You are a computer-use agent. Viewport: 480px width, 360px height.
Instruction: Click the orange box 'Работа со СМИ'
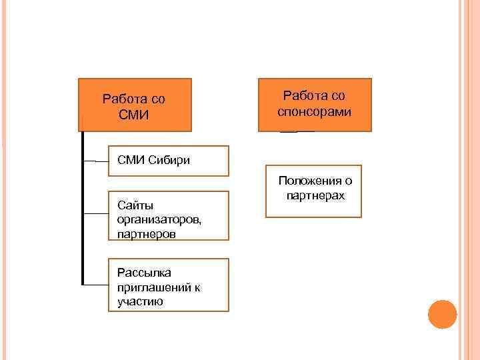[135, 105]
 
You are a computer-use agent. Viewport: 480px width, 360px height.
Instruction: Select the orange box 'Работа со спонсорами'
[315, 105]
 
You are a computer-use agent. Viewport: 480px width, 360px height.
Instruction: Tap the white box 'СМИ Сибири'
[168, 161]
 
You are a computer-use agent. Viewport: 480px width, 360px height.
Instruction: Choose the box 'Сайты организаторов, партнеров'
[168, 215]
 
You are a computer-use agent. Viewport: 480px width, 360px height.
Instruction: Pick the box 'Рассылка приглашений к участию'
[168, 285]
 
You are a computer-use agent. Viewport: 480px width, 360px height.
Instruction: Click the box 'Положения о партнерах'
[313, 191]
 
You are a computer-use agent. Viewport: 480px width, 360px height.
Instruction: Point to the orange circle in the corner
[442, 315]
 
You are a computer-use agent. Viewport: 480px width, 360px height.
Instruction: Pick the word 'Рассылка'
[144, 273]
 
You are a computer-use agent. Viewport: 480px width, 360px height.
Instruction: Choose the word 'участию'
[140, 301]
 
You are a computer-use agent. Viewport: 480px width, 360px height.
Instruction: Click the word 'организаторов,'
[159, 219]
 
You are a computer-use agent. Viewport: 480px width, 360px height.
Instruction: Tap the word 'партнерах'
[315, 196]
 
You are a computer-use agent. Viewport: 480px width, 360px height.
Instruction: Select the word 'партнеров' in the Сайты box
[146, 234]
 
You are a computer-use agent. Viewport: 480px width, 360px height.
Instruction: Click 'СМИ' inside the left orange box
[133, 114]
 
